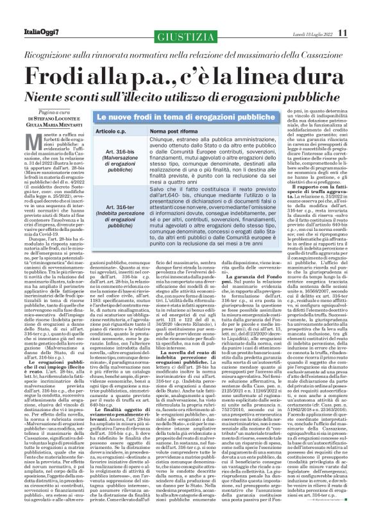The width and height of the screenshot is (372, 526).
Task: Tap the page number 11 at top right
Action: [360, 14]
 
